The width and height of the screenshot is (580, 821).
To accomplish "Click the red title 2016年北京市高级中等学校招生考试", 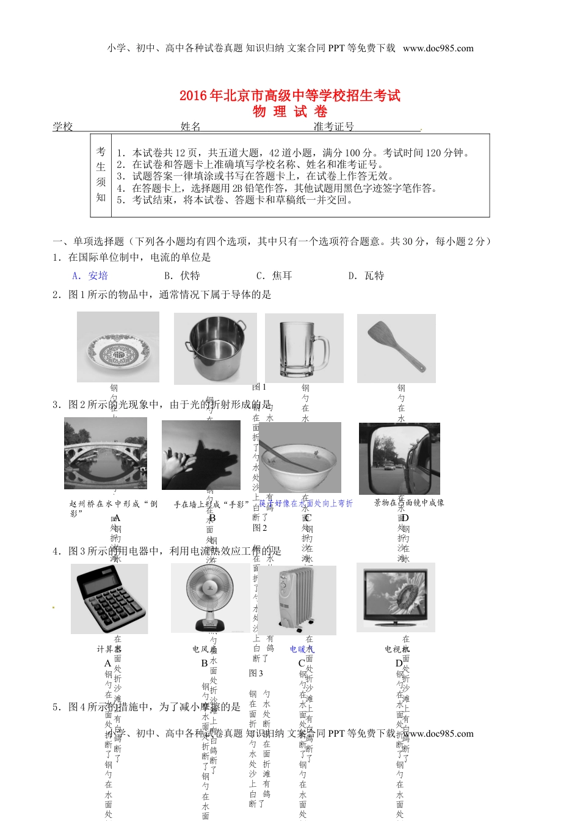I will click(x=290, y=96).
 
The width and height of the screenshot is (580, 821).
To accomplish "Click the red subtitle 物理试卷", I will click(x=290, y=112).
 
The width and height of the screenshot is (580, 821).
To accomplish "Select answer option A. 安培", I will click(x=90, y=275).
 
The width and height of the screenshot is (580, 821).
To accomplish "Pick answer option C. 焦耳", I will click(x=274, y=275).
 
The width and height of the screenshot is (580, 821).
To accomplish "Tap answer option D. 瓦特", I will click(x=366, y=275).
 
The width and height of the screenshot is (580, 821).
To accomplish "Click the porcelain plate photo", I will click(x=118, y=347).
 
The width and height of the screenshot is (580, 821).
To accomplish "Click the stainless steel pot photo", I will click(x=215, y=349).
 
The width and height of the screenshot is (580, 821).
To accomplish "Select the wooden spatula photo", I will click(x=396, y=348).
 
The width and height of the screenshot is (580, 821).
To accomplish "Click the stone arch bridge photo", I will click(x=106, y=453).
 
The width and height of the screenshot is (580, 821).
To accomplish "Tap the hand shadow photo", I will click(x=201, y=455).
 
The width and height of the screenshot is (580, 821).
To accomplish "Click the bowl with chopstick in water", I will click(x=300, y=458).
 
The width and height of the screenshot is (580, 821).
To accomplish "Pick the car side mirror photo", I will click(x=399, y=459).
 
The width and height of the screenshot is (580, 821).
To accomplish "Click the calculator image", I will click(x=109, y=599).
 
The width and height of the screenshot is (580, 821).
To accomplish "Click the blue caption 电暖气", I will click(x=302, y=649).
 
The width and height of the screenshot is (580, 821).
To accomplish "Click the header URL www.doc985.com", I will click(x=438, y=48).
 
